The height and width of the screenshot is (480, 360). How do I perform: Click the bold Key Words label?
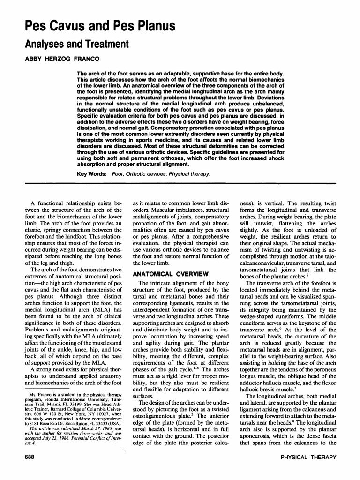click(90, 174)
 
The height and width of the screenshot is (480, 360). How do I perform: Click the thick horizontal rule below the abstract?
click(180, 182)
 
